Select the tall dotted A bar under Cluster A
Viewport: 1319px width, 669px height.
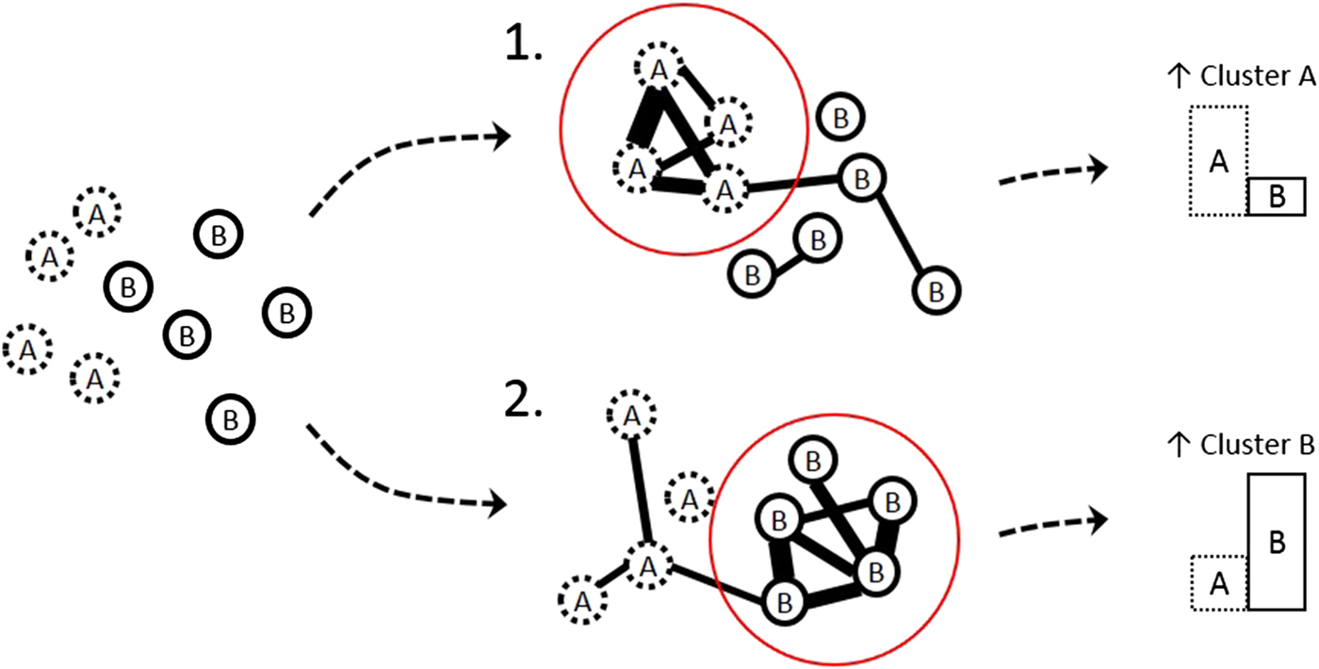click(x=1219, y=161)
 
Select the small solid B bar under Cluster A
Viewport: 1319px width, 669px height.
click(x=1277, y=197)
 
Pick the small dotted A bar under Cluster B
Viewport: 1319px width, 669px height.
click(x=1219, y=583)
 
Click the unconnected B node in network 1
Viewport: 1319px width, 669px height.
click(x=838, y=118)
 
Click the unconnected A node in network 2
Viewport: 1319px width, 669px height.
click(x=689, y=499)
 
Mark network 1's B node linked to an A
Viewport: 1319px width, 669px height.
click(x=859, y=177)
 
